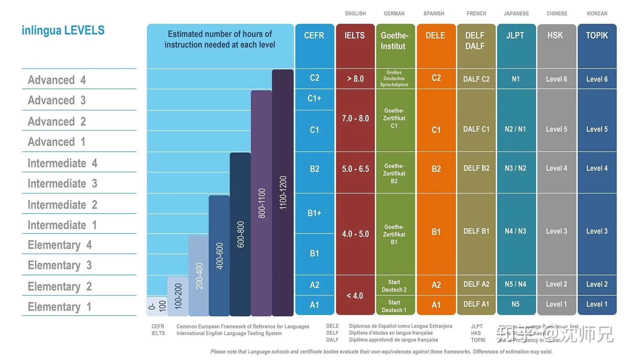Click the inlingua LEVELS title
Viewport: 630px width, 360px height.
[63, 30]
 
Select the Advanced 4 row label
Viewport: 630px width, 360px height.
[57, 80]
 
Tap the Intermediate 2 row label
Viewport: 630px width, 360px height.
[62, 205]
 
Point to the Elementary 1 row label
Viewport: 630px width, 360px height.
[60, 306]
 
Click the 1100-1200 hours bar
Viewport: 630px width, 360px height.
[283, 192]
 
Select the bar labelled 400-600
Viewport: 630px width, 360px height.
[219, 255]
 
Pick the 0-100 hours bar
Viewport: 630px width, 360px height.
[157, 306]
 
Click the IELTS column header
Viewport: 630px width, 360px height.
[355, 35]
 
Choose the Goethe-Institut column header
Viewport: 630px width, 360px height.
[394, 41]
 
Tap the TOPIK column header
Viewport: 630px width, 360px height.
[597, 35]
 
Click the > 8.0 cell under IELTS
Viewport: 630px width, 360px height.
[355, 78]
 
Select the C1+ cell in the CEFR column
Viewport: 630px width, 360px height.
[314, 99]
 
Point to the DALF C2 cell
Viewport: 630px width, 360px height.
[476, 79]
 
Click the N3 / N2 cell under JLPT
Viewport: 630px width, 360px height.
[515, 168]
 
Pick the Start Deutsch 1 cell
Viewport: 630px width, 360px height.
[394, 306]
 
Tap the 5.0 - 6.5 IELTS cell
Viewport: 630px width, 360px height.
[355, 169]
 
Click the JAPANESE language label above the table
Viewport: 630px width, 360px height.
[516, 14]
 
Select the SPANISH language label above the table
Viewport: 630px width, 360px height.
[434, 14]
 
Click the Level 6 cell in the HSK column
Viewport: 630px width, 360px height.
[556, 79]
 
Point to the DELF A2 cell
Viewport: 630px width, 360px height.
[476, 284]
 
